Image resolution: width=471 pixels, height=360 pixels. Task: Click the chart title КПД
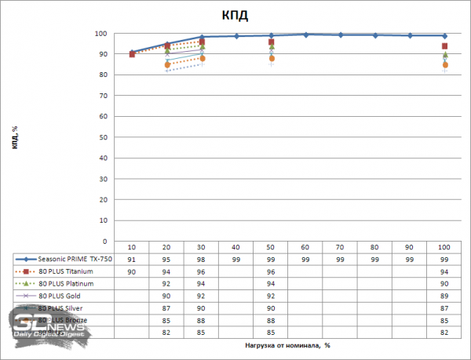pos(235,16)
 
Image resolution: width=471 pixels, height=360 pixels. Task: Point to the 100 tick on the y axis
pos(101,34)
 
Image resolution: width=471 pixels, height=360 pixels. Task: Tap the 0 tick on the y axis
pos(106,241)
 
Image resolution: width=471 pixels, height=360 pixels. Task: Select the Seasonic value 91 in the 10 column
pos(131,259)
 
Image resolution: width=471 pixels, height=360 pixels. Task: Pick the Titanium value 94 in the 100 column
pos(444,271)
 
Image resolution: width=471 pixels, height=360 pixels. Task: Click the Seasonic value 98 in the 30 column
pos(201,259)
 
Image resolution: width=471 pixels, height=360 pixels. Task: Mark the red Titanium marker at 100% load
pos(444,46)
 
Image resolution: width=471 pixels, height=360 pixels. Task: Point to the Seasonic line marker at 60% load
pos(305,35)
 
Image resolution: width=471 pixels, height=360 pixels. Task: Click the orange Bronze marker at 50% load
pos(271,59)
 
